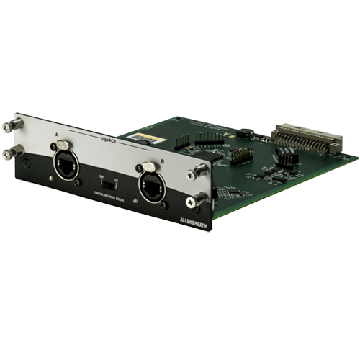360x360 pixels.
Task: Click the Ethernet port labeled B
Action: click(x=151, y=186)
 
